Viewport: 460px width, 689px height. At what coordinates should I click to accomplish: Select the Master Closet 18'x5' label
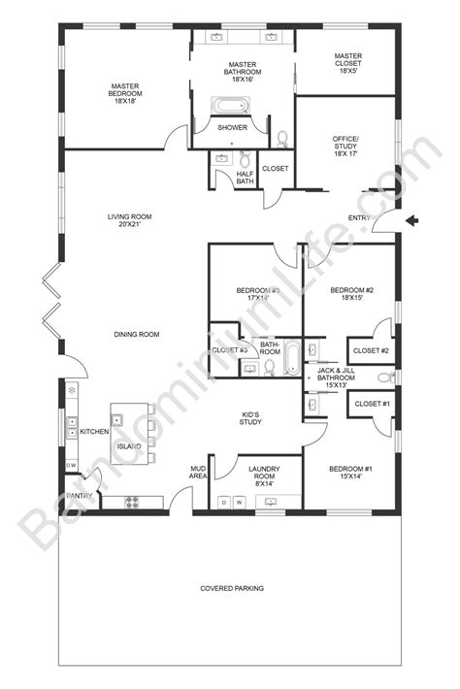coord(347,63)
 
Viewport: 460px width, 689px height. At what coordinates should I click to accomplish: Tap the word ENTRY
coord(360,217)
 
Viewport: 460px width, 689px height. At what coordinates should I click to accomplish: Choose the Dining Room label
coord(136,335)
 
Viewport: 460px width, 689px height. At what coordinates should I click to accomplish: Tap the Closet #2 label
coord(371,350)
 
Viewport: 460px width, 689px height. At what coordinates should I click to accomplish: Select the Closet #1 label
coord(371,403)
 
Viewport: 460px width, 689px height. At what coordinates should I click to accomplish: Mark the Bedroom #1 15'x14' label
coord(349,474)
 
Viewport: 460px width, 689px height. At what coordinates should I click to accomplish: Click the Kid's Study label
coord(253,417)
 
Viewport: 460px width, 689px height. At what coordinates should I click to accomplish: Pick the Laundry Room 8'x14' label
coord(258,474)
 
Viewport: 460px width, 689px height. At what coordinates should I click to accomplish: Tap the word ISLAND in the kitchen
coord(129,446)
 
